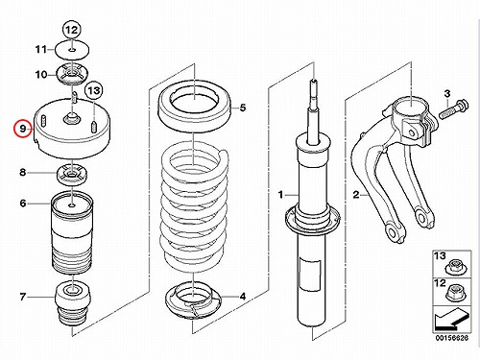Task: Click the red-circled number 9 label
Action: tap(23, 129)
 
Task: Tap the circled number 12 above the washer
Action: tap(72, 31)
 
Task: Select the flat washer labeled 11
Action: tap(72, 50)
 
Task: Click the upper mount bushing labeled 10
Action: tap(72, 75)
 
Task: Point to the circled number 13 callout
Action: tap(94, 90)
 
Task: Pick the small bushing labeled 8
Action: tap(72, 175)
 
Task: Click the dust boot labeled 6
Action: tap(72, 232)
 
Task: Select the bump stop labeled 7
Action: tap(73, 303)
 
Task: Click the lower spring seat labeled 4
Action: tap(194, 300)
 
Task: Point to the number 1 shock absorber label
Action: tap(280, 194)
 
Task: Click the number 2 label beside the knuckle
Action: tap(356, 194)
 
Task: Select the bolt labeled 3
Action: tap(454, 108)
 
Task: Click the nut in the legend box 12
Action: tap(454, 294)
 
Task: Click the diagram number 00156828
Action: tap(452, 338)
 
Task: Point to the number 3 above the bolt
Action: tap(447, 94)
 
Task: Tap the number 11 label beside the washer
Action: tap(41, 50)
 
